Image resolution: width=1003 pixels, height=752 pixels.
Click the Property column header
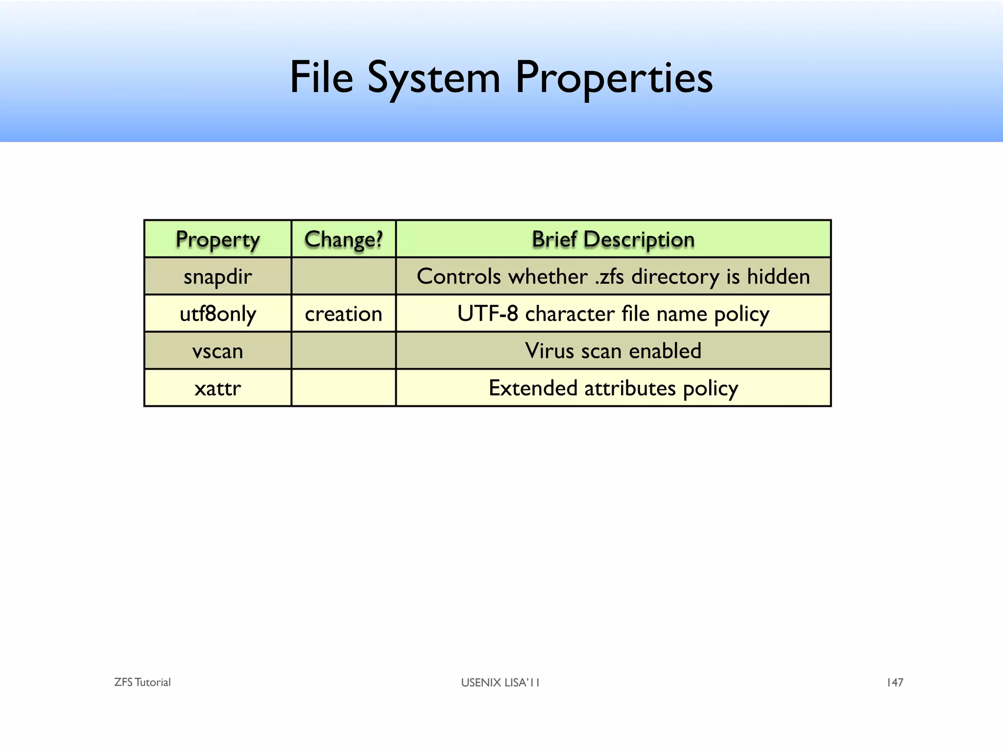tap(217, 239)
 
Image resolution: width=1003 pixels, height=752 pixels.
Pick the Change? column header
tap(343, 239)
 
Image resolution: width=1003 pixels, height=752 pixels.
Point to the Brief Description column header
tap(613, 239)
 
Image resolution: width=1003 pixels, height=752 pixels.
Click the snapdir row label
tap(217, 277)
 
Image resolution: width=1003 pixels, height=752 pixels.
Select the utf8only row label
tap(217, 314)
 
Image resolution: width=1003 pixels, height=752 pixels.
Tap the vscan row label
tap(217, 351)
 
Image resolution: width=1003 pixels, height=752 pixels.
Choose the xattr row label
tap(217, 388)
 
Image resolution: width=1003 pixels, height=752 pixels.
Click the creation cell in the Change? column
tap(343, 314)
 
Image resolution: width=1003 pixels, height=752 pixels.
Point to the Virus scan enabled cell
tap(613, 351)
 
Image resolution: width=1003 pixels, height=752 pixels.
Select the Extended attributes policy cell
tap(613, 388)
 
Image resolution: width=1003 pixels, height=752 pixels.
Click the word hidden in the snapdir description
tap(778, 277)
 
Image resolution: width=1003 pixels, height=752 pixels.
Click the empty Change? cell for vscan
tap(343, 351)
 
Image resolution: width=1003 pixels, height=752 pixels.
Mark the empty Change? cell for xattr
tap(343, 388)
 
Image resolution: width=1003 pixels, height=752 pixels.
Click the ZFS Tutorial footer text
tap(142, 682)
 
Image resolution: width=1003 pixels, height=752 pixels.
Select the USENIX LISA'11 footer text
tap(500, 682)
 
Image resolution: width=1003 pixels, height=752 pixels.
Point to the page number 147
tap(895, 682)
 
